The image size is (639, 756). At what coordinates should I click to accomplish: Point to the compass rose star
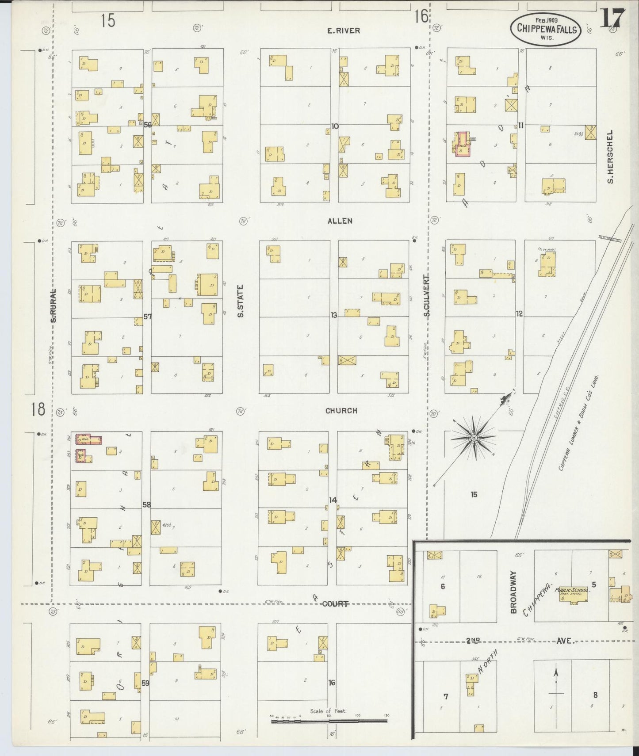pyautogui.click(x=474, y=438)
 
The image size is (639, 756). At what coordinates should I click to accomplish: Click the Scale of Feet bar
pyautogui.click(x=329, y=721)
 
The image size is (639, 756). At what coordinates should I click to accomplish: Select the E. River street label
pyautogui.click(x=343, y=31)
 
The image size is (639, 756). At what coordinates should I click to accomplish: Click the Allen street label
pyautogui.click(x=340, y=221)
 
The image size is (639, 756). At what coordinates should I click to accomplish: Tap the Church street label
pyautogui.click(x=341, y=411)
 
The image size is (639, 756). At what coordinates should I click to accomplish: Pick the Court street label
pyautogui.click(x=335, y=603)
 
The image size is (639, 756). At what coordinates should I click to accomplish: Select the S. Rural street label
pyautogui.click(x=54, y=305)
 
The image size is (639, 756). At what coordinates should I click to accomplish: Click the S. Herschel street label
pyautogui.click(x=610, y=157)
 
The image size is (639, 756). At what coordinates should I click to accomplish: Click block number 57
pyautogui.click(x=147, y=317)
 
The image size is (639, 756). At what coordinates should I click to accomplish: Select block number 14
pyautogui.click(x=333, y=500)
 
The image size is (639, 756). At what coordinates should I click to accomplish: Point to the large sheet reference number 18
pyautogui.click(x=38, y=409)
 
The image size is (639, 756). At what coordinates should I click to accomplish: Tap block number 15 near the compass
pyautogui.click(x=474, y=494)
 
